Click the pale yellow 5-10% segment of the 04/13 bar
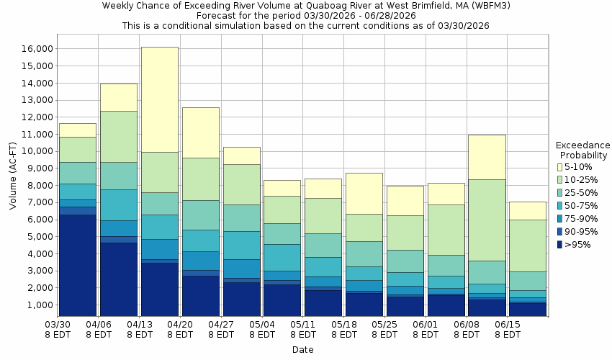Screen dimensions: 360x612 point(159,99)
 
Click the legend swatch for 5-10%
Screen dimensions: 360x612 point(559,167)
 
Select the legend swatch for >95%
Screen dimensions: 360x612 point(559,245)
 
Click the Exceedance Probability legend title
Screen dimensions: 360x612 point(582,150)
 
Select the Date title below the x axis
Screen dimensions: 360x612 point(302,350)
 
